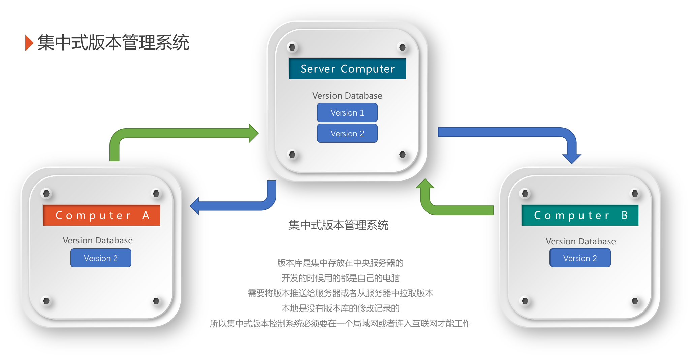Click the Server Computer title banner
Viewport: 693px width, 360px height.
coord(347,69)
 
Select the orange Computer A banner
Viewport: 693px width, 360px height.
coord(101,215)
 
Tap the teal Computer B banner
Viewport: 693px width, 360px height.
coord(580,215)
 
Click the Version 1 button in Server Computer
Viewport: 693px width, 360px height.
coord(347,112)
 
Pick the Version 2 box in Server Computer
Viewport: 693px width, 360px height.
coord(347,133)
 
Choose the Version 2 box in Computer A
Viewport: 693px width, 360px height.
coord(101,258)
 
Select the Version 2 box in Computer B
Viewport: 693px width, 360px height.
coord(580,258)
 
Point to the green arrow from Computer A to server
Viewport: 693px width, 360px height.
coord(182,133)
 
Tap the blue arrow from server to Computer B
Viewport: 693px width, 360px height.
coord(505,132)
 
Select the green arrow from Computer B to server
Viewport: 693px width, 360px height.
coord(458,209)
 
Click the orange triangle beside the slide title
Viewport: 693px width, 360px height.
coord(29,43)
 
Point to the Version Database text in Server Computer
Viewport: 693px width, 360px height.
coord(347,96)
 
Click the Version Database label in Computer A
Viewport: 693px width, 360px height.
coord(98,240)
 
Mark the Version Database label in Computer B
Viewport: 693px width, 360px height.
coord(580,241)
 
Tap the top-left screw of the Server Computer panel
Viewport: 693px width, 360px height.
coord(292,47)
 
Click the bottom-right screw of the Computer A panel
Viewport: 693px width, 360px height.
coord(156,301)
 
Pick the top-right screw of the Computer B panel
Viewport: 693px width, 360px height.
coord(635,194)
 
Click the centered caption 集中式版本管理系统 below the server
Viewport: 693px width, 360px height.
coord(338,225)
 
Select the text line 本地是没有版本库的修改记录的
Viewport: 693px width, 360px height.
coord(340,308)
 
